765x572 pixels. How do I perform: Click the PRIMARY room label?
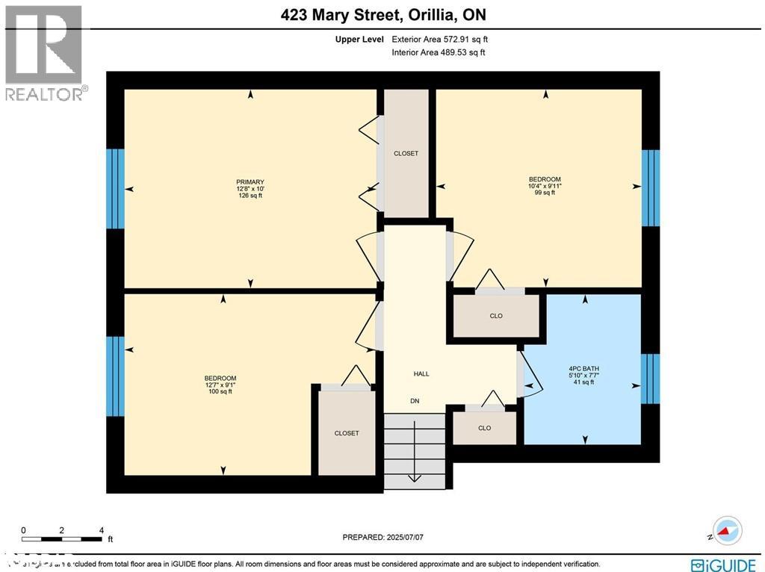(250, 182)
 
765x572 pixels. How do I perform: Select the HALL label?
(421, 374)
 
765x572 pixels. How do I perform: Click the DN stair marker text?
(415, 401)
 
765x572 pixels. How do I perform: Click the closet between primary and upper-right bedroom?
(406, 153)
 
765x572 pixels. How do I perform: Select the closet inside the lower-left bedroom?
(347, 433)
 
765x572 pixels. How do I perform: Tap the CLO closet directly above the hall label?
(496, 316)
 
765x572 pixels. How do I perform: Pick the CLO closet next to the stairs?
(485, 428)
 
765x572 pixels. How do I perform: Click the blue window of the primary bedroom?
(115, 188)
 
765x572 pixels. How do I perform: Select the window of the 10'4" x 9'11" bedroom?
(651, 188)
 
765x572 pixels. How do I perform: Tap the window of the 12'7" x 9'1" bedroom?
(115, 376)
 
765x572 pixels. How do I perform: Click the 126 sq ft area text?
(250, 196)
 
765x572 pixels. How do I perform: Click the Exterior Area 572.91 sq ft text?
(440, 40)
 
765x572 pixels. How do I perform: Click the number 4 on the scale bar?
(101, 531)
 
